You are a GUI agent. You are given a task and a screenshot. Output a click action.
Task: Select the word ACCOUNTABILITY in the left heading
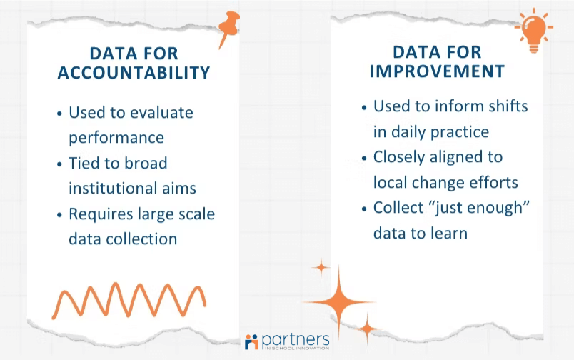pos(134,73)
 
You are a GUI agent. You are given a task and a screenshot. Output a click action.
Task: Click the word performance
pos(116,137)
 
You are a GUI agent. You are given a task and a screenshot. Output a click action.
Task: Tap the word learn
pos(448,233)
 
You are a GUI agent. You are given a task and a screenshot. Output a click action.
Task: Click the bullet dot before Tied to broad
pos(59,164)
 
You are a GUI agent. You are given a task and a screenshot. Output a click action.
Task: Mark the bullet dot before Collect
pos(364,208)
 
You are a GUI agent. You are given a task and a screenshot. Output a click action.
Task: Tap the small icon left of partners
pos(251,341)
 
